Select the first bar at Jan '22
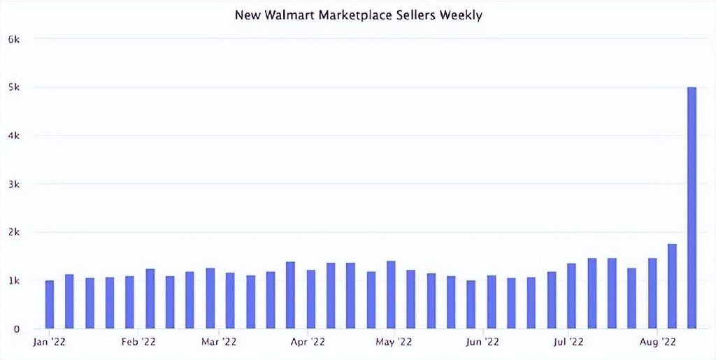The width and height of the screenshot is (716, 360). tap(50, 304)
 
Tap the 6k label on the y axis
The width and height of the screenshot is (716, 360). tap(14, 39)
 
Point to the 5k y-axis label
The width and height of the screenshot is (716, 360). tap(14, 87)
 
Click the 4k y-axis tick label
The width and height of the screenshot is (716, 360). tap(14, 136)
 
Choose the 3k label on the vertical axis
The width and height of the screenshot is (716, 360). tap(14, 184)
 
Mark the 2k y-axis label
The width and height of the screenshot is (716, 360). tap(14, 232)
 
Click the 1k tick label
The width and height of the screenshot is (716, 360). tap(14, 280)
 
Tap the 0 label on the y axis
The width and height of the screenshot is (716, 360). tap(16, 329)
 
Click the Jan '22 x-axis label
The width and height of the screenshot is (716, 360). tap(50, 342)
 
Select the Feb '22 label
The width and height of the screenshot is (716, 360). tap(138, 342)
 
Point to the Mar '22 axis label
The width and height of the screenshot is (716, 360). tap(219, 342)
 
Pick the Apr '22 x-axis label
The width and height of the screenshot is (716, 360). tap(308, 342)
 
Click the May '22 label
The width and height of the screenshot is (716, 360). tap(394, 342)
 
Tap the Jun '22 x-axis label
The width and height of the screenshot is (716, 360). tap(482, 342)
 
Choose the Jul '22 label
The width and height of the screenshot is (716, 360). tap(568, 342)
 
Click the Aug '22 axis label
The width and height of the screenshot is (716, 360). tap(657, 342)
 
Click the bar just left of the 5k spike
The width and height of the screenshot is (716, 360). tap(672, 286)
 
